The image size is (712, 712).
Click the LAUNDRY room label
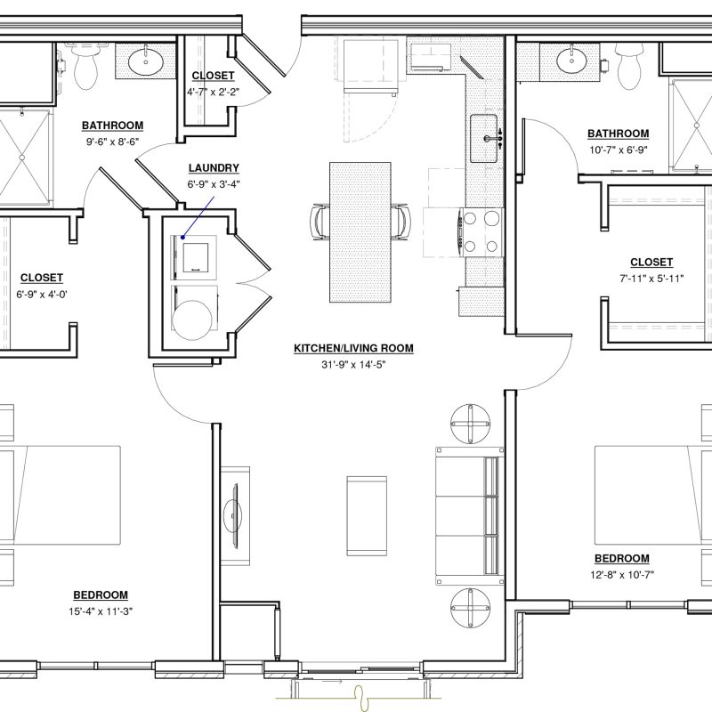pos(214,168)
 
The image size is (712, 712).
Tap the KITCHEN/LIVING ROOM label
pos(353,348)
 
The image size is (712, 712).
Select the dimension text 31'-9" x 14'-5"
pos(353,364)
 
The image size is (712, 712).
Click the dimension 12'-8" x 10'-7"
pos(622,575)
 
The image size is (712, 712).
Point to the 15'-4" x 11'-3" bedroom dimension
pos(101,611)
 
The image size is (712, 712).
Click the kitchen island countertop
pos(360,232)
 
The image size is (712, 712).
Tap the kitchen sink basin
pos(483,138)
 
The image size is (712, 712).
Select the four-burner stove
pos(481,232)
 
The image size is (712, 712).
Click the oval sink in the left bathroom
pos(146,61)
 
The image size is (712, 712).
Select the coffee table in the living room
pos(367,516)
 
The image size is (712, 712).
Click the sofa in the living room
pos(470,516)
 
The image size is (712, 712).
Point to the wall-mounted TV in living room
pos(235,516)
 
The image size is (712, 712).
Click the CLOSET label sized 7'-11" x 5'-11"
pos(651,262)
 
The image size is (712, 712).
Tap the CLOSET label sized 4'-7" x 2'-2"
pos(213,76)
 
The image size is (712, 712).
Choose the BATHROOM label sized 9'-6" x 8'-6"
pos(113,125)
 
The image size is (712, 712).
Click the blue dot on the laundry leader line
pos(182,237)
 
